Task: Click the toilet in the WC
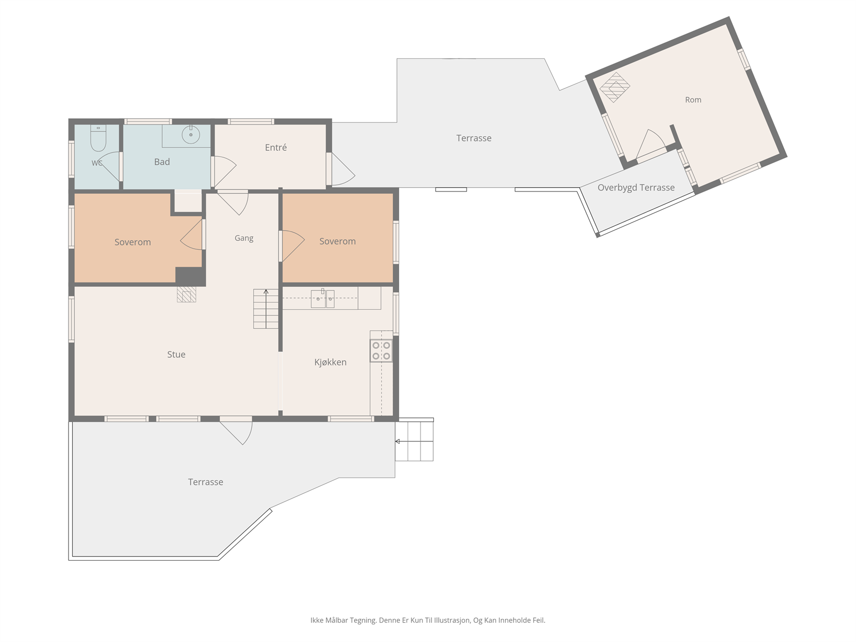click(x=98, y=138)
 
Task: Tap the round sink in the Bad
click(x=190, y=135)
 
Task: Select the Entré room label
click(x=276, y=147)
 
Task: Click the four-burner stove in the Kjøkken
click(x=381, y=350)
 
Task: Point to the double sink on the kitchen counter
click(x=323, y=299)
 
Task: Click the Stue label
click(x=176, y=354)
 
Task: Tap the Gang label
click(x=244, y=238)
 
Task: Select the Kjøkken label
click(x=330, y=362)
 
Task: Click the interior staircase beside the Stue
click(x=265, y=309)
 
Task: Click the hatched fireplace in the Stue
click(x=186, y=294)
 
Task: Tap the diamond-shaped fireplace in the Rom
click(x=615, y=87)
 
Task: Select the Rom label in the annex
click(x=693, y=100)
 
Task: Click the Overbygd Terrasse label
click(x=636, y=187)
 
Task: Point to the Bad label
click(x=162, y=162)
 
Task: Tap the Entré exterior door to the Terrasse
click(x=341, y=169)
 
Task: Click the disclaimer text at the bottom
click(x=428, y=620)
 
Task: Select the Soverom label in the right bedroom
click(x=338, y=241)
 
